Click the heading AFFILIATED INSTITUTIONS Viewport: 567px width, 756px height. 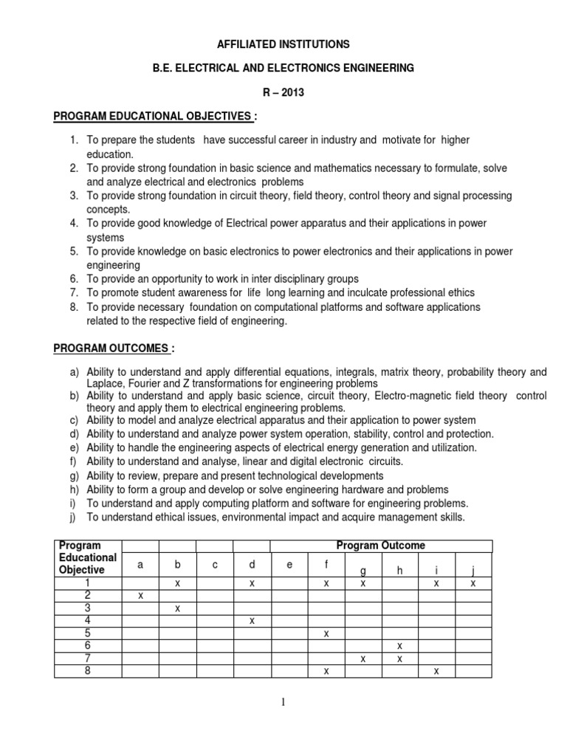tap(283, 44)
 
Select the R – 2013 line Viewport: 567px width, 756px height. tap(283, 92)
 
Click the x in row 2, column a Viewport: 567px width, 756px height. tap(140, 594)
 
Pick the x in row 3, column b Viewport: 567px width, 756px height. tap(177, 608)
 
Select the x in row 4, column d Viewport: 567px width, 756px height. tap(252, 620)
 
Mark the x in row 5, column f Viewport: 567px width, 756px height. tap(326, 633)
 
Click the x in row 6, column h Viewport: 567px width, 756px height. tap(399, 645)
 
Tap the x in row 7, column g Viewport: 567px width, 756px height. tap(362, 658)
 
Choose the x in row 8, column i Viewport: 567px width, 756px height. tap(436, 670)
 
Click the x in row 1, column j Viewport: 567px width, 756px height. tap(473, 583)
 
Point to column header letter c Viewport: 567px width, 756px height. tap(214, 565)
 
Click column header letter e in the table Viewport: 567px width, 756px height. tap(289, 565)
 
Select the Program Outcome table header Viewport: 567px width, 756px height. tap(380, 546)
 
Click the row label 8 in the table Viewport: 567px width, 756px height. tap(87, 670)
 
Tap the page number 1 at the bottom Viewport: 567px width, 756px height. tap(283, 702)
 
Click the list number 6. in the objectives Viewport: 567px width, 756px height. tap(74, 278)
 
